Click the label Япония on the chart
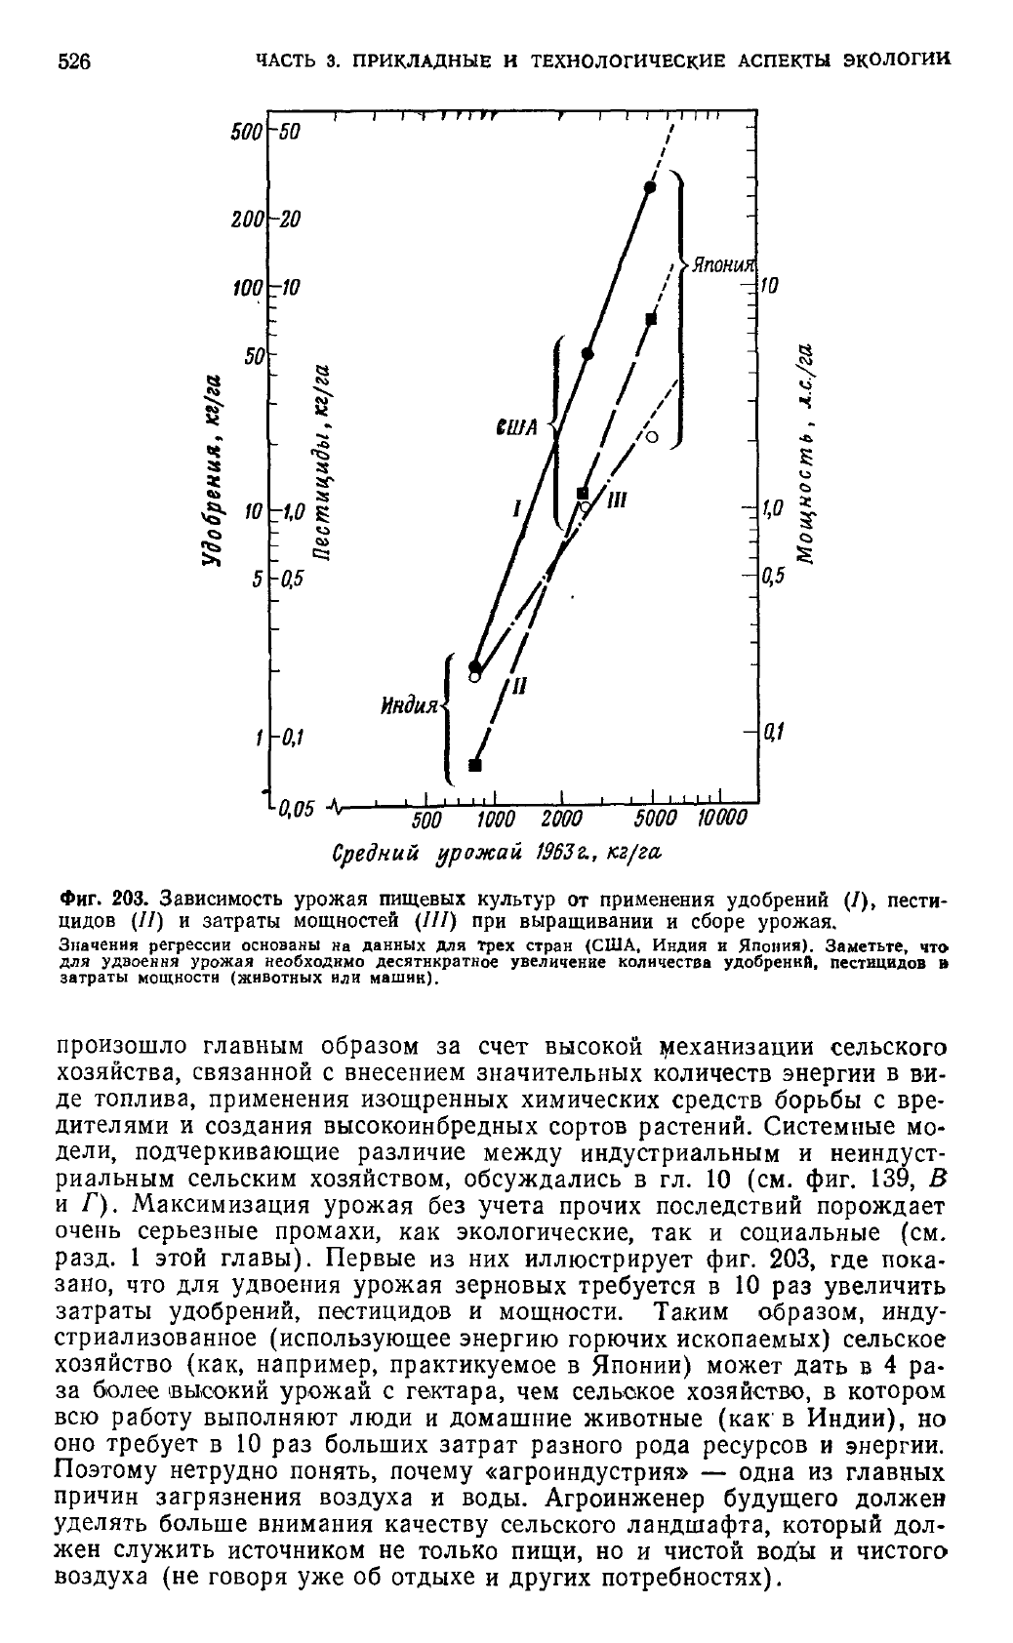pos(723,266)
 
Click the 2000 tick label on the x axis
pos(560,817)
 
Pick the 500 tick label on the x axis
pos(426,817)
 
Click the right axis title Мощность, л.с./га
pos(805,456)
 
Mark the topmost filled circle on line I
pos(650,186)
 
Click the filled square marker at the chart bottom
pos(475,765)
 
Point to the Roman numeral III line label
pos(617,501)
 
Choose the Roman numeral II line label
pos(518,686)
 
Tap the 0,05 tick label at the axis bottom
pos(294,809)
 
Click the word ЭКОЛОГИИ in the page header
pos(896,60)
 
